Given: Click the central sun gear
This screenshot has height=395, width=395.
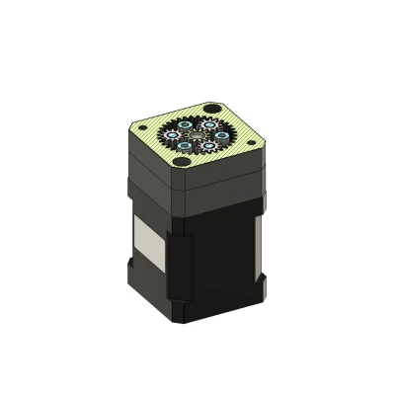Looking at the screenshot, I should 197,134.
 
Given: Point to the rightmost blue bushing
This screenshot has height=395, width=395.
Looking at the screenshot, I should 222,135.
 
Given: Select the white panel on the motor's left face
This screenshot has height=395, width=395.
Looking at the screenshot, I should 144,242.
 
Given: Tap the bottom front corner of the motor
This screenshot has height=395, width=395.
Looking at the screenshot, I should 183,321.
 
